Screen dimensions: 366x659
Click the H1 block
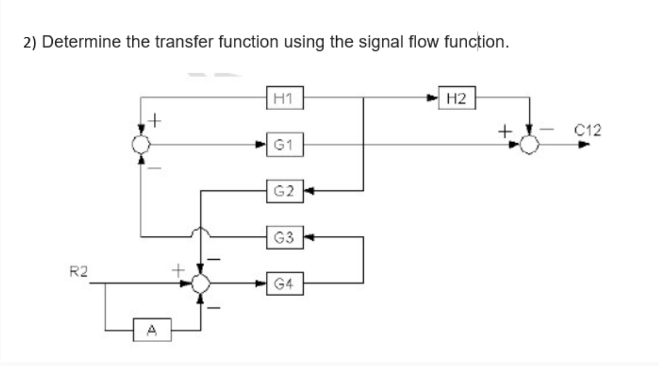(286, 97)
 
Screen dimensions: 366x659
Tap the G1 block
(286, 144)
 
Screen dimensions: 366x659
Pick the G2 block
(286, 191)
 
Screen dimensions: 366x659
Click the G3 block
(286, 238)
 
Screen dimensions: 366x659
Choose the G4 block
(286, 283)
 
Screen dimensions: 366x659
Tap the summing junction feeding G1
(141, 144)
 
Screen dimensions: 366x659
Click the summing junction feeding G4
(201, 284)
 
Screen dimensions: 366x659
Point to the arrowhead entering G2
(309, 191)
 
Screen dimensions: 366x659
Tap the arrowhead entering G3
(309, 238)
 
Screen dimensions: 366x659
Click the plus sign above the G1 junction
(155, 121)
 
